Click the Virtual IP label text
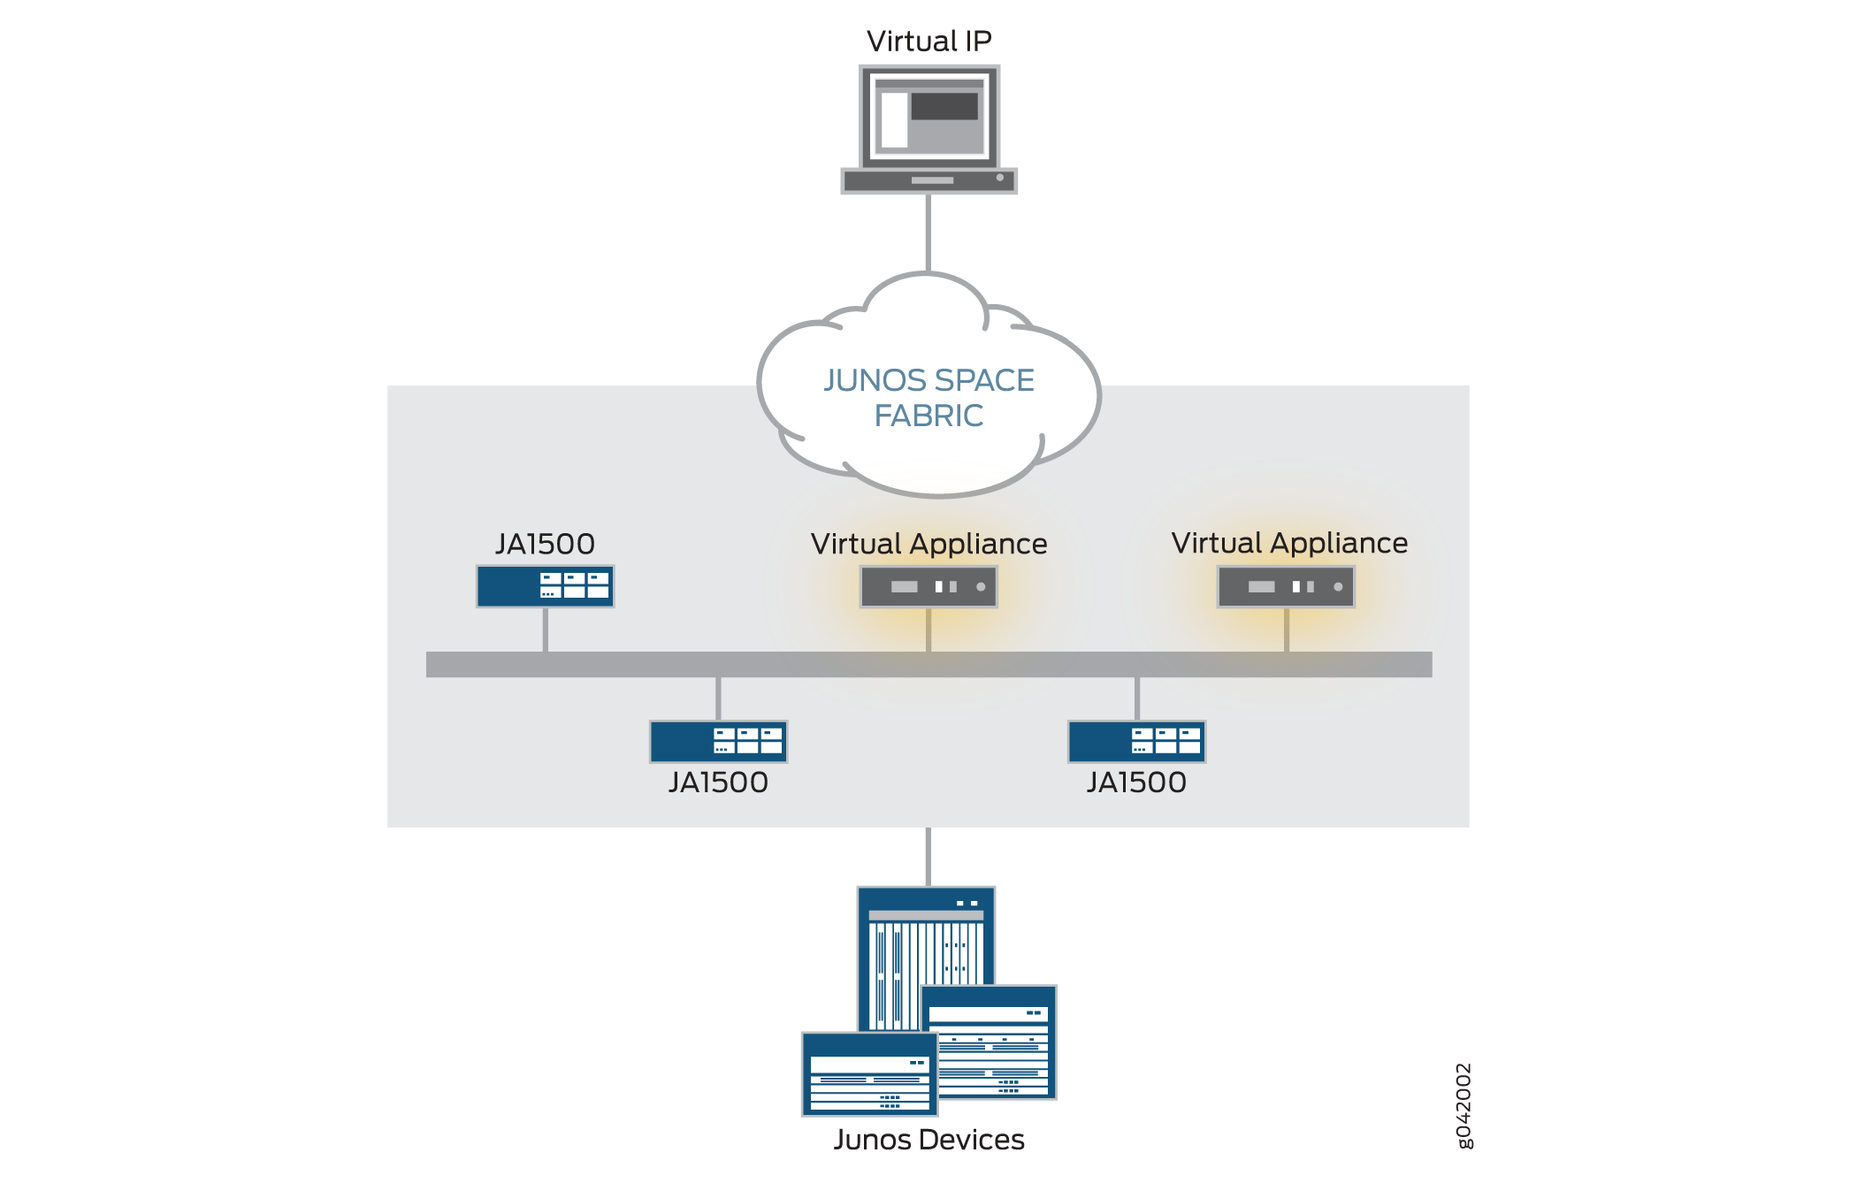pos(928,41)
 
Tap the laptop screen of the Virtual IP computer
pos(928,117)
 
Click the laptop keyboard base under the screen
pos(928,180)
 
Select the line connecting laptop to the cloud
pos(928,232)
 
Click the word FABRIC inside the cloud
pos(928,416)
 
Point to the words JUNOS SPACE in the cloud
pos(928,380)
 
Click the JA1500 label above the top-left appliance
pos(545,544)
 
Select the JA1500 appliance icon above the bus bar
pos(545,586)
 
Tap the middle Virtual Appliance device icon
pos(928,586)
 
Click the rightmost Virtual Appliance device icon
pos(1286,586)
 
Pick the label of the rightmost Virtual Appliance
pos(1289,543)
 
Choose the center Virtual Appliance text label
pos(928,544)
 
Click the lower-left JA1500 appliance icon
pos(718,741)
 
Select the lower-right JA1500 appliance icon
pos(1136,741)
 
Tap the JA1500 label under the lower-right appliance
pos(1136,782)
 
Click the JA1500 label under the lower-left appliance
pos(718,782)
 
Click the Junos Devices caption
pos(928,1140)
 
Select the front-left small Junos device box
pos(869,1073)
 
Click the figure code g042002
pos(1463,1105)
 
